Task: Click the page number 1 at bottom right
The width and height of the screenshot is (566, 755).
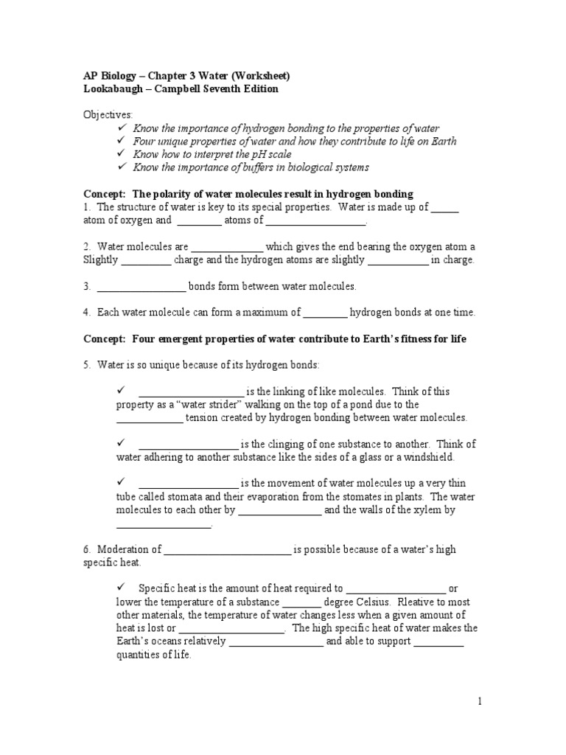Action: click(480, 702)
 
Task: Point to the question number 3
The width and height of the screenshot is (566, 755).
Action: click(86, 286)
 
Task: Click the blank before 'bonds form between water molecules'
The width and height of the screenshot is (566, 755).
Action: click(141, 286)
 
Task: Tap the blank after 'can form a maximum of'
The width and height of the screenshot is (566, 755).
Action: click(325, 313)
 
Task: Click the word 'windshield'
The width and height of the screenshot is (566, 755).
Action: click(447, 457)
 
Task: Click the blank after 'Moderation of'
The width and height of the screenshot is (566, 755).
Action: click(228, 549)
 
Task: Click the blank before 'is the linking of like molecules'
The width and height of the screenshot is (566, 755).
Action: click(191, 392)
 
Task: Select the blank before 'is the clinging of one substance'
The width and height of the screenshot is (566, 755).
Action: click(188, 444)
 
